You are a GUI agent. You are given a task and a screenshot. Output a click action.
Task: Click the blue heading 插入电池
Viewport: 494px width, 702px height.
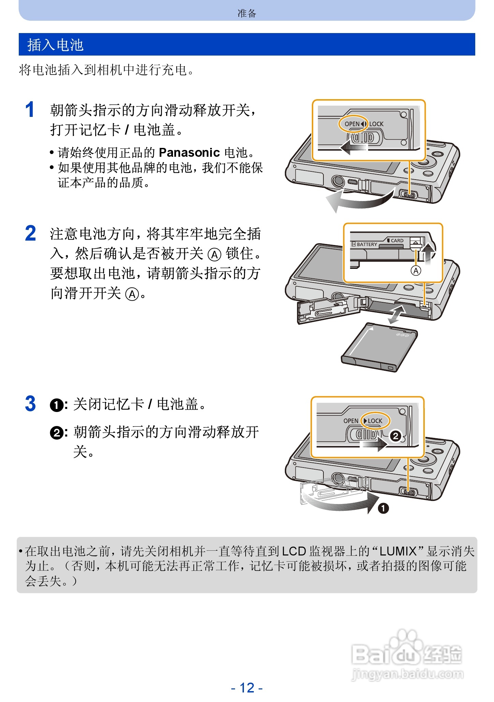(55, 45)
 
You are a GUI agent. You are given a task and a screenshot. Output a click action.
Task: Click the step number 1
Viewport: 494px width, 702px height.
(30, 110)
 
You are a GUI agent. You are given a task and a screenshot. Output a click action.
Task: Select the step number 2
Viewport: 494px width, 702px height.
(30, 234)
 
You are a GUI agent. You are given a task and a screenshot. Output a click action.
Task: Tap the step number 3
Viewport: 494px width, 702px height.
(30, 404)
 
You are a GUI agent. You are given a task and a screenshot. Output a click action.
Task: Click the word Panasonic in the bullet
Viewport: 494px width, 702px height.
(189, 152)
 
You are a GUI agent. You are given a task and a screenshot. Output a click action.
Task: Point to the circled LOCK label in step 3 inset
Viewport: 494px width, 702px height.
(375, 421)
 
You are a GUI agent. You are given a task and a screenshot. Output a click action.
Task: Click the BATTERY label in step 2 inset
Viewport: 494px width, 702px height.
(367, 244)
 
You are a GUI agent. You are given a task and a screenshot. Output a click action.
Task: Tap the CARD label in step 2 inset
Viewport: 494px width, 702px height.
(397, 241)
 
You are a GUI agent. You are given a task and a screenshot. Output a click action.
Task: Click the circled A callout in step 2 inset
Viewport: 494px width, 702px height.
(416, 271)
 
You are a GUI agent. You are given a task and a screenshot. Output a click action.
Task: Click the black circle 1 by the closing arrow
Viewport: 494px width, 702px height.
(383, 508)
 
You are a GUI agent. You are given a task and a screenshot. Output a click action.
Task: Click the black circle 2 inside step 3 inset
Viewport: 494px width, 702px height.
(395, 436)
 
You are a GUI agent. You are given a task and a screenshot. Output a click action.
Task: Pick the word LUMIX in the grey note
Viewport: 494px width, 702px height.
(398, 551)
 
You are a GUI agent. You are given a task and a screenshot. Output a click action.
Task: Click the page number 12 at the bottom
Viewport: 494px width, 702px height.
(247, 688)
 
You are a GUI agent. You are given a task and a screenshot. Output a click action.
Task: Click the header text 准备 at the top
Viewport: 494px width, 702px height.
(247, 13)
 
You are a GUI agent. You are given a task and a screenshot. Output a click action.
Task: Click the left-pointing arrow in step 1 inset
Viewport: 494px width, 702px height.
(353, 148)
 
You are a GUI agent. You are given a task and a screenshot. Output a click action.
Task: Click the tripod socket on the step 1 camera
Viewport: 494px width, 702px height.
(338, 181)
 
